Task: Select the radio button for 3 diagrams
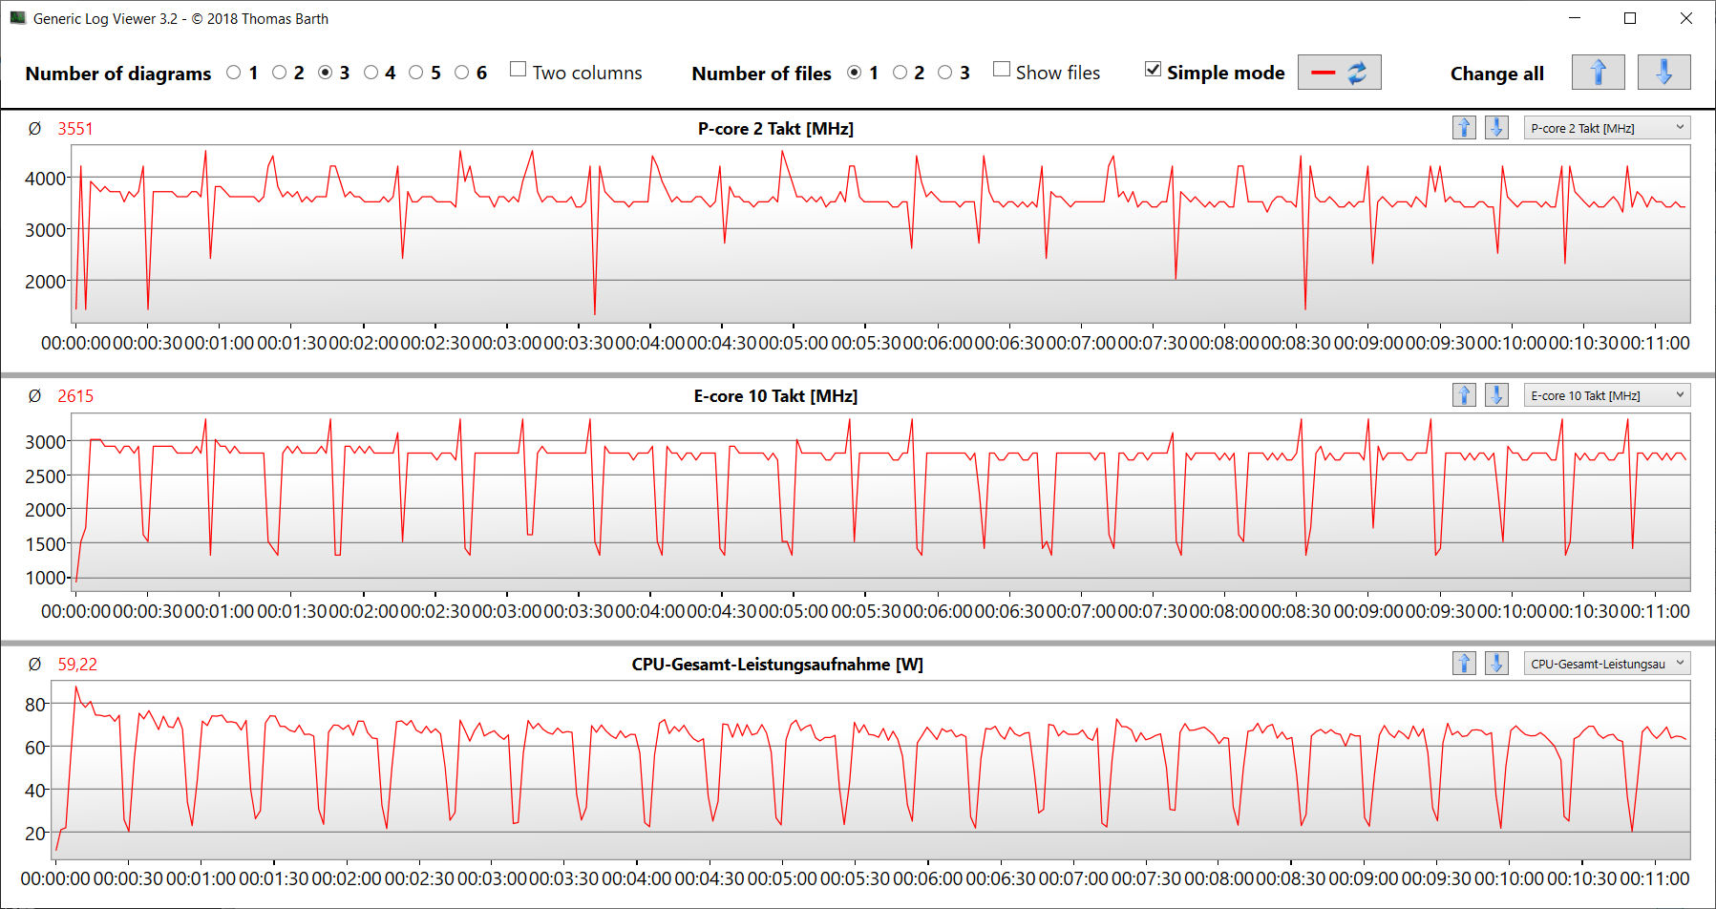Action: [326, 73]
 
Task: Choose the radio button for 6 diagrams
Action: [462, 73]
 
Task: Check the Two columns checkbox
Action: [519, 70]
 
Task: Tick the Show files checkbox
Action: [1002, 70]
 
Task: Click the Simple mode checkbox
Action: [1154, 70]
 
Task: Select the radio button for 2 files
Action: [900, 73]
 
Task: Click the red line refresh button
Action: [1339, 73]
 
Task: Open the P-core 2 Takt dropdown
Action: [1607, 128]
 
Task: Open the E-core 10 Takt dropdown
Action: [1607, 395]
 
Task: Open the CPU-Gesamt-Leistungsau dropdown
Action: [1607, 664]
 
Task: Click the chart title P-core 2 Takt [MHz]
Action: [775, 129]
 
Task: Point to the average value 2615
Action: [75, 396]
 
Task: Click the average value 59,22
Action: [77, 665]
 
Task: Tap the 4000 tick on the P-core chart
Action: [45, 179]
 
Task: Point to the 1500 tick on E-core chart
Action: [45, 544]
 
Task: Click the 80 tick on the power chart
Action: [34, 705]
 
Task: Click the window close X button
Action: [1686, 19]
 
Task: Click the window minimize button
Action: [1575, 19]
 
